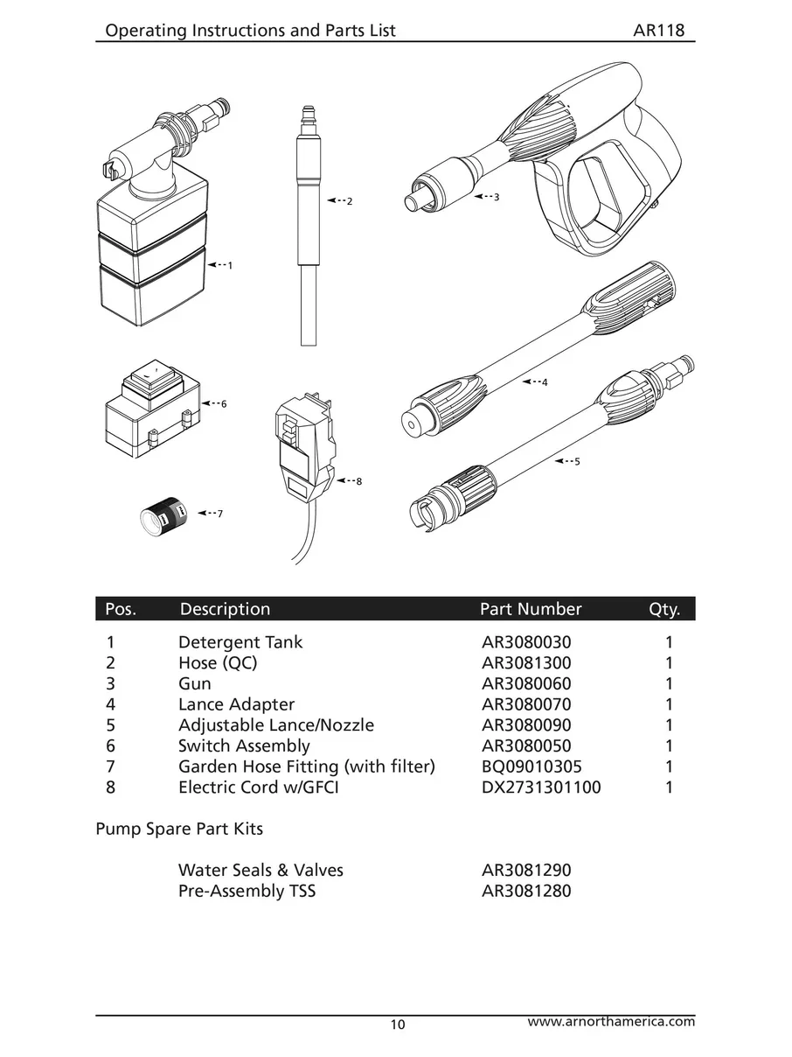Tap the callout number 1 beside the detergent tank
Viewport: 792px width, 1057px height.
pos(230,264)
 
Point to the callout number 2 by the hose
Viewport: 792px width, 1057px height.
pos(350,201)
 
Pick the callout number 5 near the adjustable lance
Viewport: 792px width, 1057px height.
pos(577,461)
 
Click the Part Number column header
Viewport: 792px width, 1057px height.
pos(531,609)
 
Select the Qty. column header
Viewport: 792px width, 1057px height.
pos(664,609)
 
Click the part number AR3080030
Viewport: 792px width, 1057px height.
pos(526,642)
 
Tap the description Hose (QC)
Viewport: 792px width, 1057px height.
pos(218,663)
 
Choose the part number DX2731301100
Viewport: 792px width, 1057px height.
pos(541,787)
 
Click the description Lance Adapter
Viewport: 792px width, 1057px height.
pos(236,704)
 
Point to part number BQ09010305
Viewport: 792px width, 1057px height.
pos(531,766)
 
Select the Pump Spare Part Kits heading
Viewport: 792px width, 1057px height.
pos(179,828)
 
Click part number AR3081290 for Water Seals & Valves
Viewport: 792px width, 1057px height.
pos(526,871)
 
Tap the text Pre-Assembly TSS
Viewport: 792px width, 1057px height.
pos(247,892)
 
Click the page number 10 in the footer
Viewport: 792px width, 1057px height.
pos(399,1025)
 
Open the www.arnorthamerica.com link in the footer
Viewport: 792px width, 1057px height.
pos(612,1021)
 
